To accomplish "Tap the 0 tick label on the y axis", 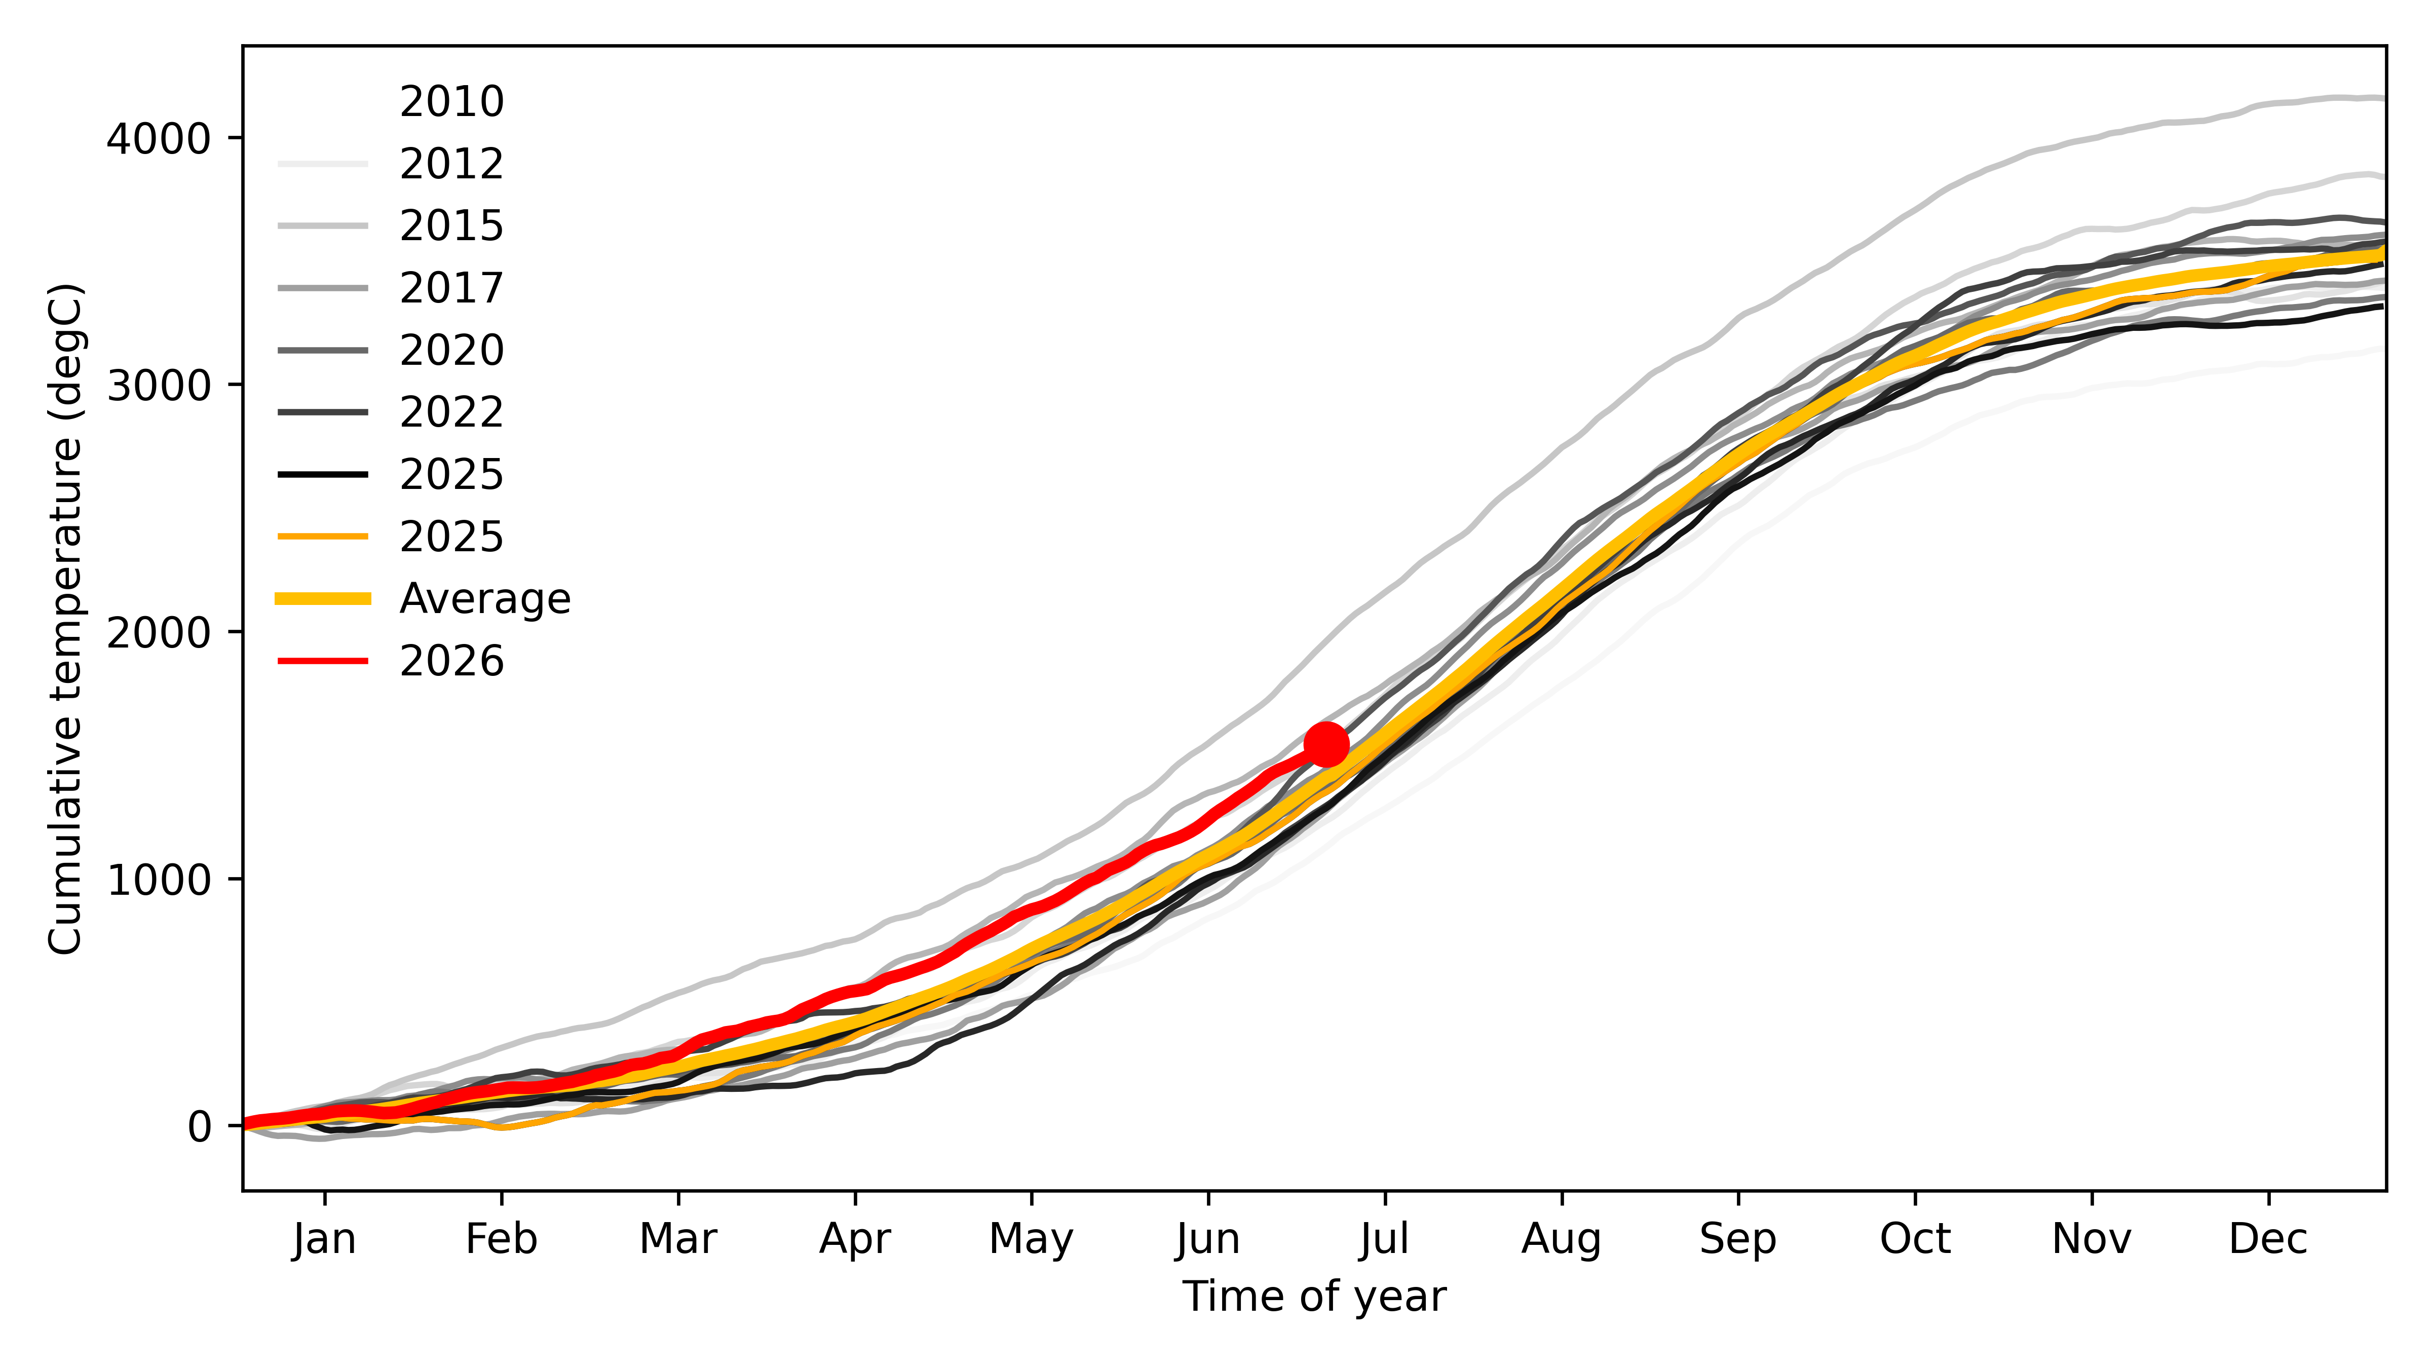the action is [x=199, y=1126].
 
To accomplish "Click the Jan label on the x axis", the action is [x=325, y=1239].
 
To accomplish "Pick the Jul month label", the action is [x=1385, y=1239].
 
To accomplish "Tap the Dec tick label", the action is [x=2269, y=1239].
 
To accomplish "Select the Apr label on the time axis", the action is [x=855, y=1239].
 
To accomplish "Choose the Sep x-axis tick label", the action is [x=1738, y=1239].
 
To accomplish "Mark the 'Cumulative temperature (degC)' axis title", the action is [x=66, y=618].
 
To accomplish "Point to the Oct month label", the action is [x=1916, y=1239].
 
